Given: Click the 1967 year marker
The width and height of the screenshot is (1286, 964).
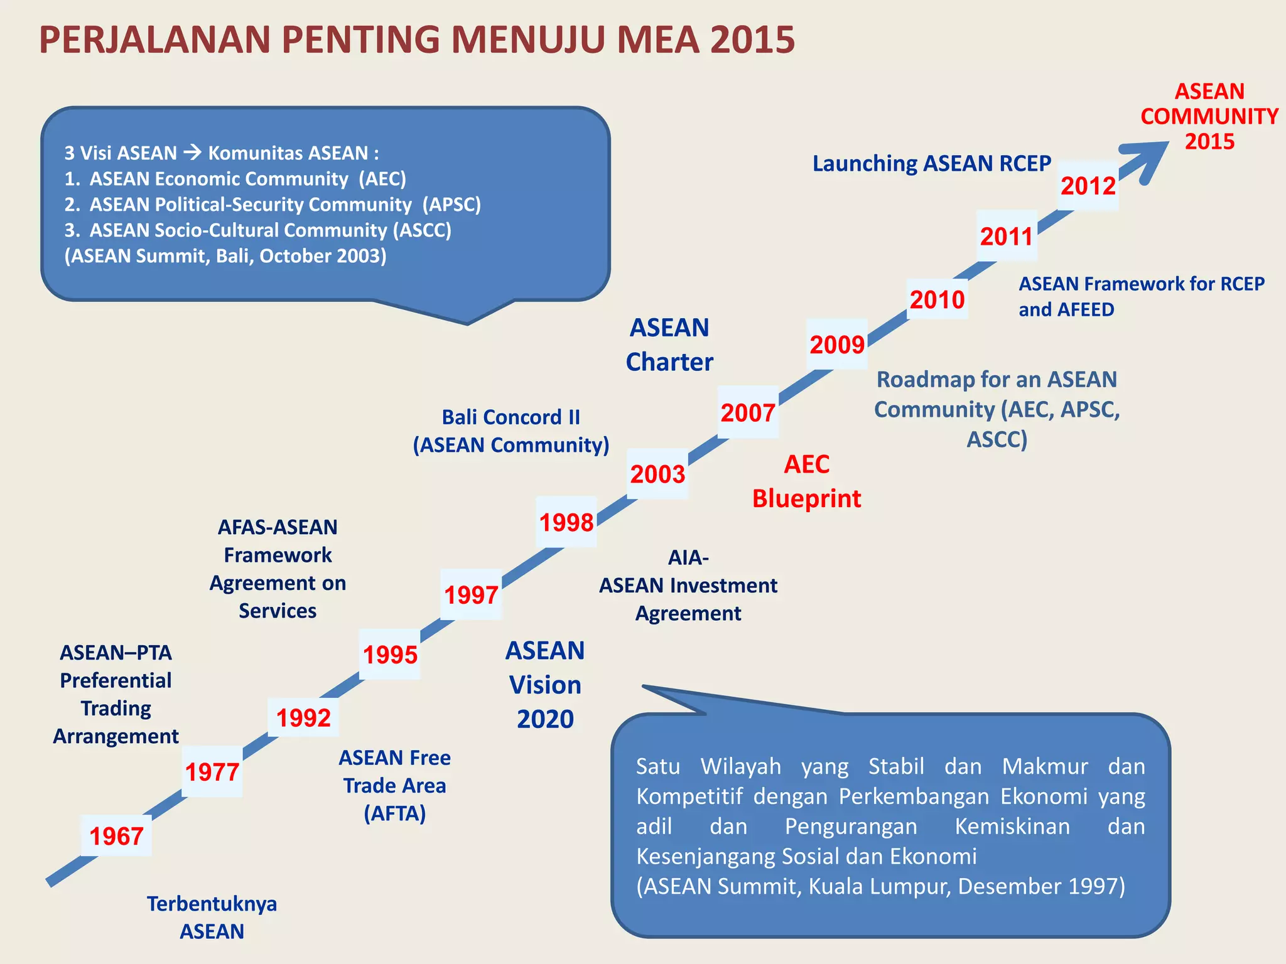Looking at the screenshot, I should pyautogui.click(x=116, y=836).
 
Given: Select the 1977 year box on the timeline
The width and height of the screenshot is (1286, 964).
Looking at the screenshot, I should pyautogui.click(x=212, y=772).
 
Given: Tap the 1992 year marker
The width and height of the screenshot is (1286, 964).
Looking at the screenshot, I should pyautogui.click(x=303, y=718).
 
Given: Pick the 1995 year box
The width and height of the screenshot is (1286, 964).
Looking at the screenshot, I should pyautogui.click(x=390, y=655).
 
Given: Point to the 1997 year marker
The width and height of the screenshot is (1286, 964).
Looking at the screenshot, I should pyautogui.click(x=471, y=595).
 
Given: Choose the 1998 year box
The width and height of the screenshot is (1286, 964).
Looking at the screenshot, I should pyautogui.click(x=566, y=522).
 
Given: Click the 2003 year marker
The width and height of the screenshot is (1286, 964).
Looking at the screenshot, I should pyautogui.click(x=657, y=474).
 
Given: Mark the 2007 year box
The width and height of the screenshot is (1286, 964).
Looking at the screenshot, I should pyautogui.click(x=748, y=412).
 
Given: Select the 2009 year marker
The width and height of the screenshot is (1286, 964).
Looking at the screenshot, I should pyautogui.click(x=837, y=345).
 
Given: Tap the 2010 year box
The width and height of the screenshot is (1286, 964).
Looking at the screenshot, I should pyautogui.click(x=937, y=299).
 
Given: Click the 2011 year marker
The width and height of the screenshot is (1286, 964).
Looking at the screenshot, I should pyautogui.click(x=1007, y=237).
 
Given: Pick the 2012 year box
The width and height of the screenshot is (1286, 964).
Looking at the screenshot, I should pyautogui.click(x=1088, y=186).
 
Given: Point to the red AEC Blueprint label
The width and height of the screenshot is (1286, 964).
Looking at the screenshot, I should pyautogui.click(x=806, y=481).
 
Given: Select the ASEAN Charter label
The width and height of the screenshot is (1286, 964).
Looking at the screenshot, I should pyautogui.click(x=669, y=345).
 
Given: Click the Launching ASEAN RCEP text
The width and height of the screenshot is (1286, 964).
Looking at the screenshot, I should pyautogui.click(x=931, y=163).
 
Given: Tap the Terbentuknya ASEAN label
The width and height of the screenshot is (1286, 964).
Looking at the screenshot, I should pyautogui.click(x=212, y=917).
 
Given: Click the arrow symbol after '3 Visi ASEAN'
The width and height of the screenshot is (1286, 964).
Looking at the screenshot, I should pyautogui.click(x=192, y=152).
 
